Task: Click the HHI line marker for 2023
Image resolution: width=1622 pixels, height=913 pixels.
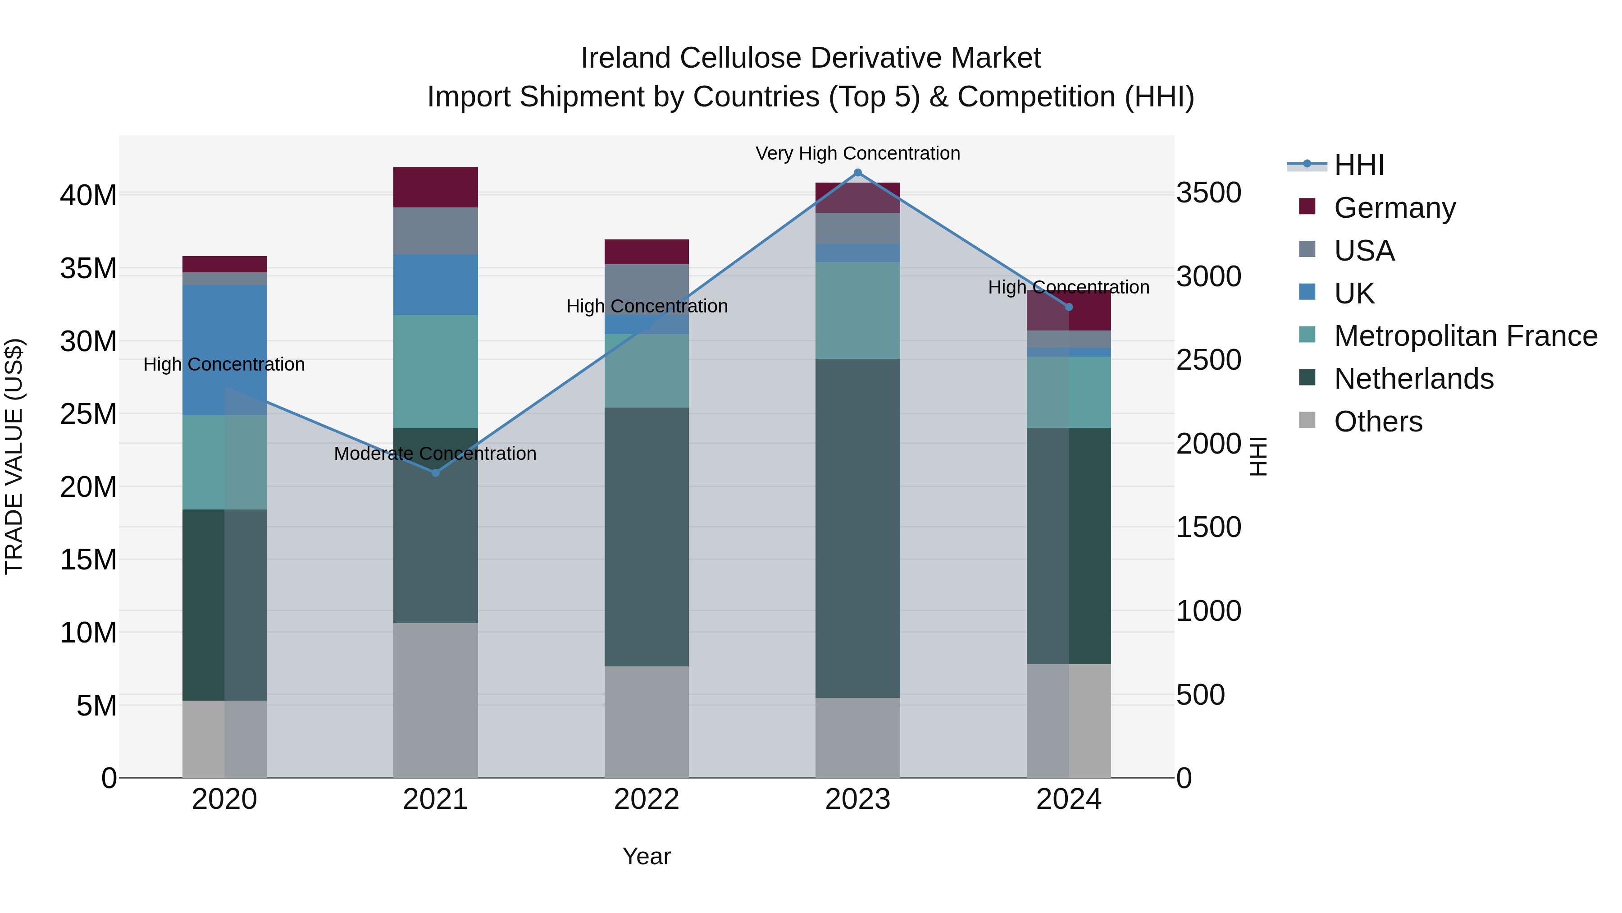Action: pyautogui.click(x=857, y=173)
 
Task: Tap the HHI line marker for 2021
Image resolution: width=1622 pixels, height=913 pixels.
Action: pyautogui.click(x=435, y=473)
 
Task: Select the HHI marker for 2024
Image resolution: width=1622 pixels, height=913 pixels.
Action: pyautogui.click(x=1069, y=307)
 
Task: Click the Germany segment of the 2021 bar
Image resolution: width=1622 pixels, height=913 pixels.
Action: pyautogui.click(x=435, y=187)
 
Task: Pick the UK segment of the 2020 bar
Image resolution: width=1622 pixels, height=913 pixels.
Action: pyautogui.click(x=224, y=350)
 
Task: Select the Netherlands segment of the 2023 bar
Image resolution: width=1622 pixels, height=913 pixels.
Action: pyautogui.click(x=857, y=528)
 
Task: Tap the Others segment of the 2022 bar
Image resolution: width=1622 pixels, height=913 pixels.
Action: pyautogui.click(x=646, y=721)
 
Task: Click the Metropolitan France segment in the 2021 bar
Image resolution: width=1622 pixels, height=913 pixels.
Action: pyautogui.click(x=435, y=372)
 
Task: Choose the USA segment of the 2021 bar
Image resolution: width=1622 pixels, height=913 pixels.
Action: pyautogui.click(x=435, y=230)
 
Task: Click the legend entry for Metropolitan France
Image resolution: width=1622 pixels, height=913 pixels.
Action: pyautogui.click(x=1465, y=336)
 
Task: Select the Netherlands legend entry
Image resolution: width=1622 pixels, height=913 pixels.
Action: pyautogui.click(x=1413, y=379)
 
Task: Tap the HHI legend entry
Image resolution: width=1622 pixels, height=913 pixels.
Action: pyautogui.click(x=1359, y=165)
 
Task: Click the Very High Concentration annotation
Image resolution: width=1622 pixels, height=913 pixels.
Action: pyautogui.click(x=857, y=153)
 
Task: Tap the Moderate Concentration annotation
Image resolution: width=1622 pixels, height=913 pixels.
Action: pyautogui.click(x=435, y=454)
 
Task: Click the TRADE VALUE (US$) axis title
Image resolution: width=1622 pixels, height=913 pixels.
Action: pyautogui.click(x=14, y=456)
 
